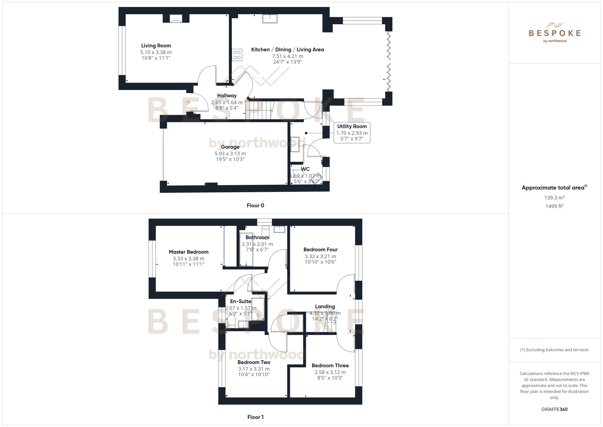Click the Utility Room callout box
click(352, 133)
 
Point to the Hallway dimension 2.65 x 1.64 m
click(227, 102)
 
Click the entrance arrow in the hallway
click(187, 102)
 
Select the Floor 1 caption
click(255, 417)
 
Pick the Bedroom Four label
click(320, 249)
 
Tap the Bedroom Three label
click(330, 365)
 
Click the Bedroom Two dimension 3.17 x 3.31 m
click(254, 369)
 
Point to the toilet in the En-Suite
click(231, 321)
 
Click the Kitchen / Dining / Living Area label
click(287, 50)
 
